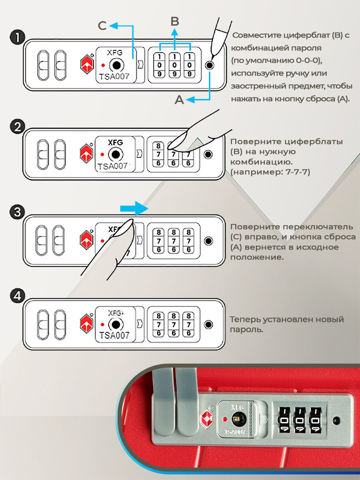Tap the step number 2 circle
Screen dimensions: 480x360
(16, 127)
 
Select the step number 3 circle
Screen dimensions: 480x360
(16, 212)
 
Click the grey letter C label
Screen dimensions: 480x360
(102, 26)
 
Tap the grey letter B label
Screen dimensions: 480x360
(174, 21)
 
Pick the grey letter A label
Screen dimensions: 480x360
(180, 100)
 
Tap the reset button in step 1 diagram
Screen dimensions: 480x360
(209, 65)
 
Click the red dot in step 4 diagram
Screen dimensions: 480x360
(103, 324)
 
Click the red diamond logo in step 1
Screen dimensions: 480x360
(87, 65)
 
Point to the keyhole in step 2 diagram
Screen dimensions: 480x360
(116, 154)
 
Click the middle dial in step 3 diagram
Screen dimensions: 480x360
(173, 241)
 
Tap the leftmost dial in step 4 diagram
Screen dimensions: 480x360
(159, 324)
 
